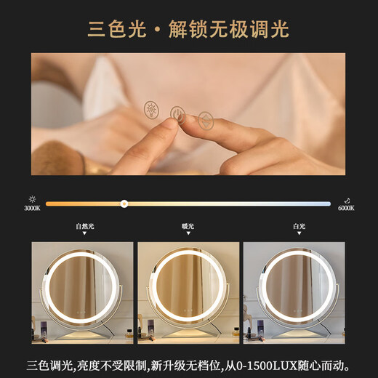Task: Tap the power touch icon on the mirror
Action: (x=177, y=113)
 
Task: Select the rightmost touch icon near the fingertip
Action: (x=206, y=120)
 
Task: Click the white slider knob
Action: (x=124, y=204)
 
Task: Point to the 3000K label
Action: (x=31, y=209)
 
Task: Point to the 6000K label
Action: (x=346, y=209)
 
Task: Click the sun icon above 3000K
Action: (x=31, y=198)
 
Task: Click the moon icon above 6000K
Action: (x=347, y=198)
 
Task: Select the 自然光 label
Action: (x=84, y=226)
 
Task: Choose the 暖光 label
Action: (x=188, y=226)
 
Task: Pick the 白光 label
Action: (x=299, y=226)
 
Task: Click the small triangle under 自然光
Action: (x=84, y=236)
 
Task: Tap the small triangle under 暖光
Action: (x=188, y=236)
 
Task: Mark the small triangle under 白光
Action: (x=299, y=236)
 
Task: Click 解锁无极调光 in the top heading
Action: (x=228, y=30)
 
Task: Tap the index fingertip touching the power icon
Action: (x=169, y=124)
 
